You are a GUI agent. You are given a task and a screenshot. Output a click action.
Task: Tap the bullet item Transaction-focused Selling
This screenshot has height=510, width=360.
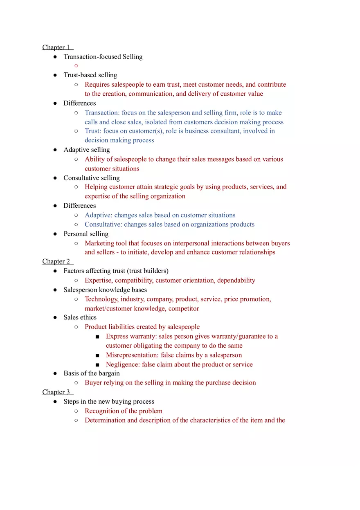[103, 57]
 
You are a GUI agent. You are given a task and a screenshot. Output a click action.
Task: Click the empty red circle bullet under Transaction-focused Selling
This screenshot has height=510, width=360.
[76, 66]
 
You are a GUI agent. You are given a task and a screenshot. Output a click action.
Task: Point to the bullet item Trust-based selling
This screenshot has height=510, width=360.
[90, 75]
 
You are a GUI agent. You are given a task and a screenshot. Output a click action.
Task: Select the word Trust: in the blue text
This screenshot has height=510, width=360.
[93, 131]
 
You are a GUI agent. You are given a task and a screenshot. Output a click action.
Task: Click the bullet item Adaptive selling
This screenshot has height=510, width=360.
[86, 150]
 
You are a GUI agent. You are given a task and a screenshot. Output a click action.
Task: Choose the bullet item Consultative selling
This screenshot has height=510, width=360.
[91, 178]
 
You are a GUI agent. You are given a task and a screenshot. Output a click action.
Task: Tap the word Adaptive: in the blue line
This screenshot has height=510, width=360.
[99, 216]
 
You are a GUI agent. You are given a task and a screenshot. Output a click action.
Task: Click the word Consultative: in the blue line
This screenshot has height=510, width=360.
[103, 225]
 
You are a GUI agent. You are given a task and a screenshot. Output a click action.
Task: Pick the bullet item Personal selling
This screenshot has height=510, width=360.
[85, 234]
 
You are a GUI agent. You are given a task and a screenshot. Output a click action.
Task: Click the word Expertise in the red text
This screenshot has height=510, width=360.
[99, 281]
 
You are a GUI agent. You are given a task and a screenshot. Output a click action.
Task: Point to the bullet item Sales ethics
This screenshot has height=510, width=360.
[80, 317]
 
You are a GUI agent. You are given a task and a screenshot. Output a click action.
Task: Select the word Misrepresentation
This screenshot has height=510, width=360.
[132, 355]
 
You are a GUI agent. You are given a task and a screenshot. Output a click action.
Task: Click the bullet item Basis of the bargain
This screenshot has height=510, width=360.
[91, 373]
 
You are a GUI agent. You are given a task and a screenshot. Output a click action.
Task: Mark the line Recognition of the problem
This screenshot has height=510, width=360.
[123, 411]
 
